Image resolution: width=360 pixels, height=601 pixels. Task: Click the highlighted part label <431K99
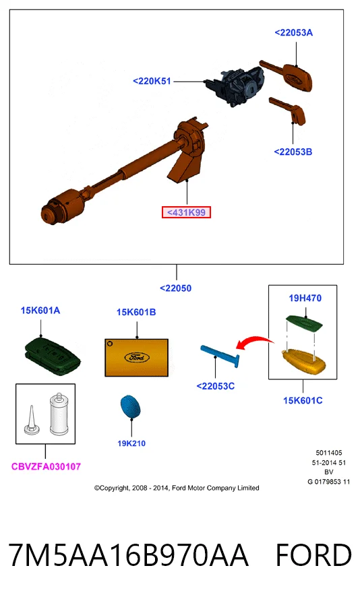[x=186, y=212]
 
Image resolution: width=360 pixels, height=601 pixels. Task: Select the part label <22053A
[x=294, y=32]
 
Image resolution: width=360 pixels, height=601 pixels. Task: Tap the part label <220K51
[x=152, y=82]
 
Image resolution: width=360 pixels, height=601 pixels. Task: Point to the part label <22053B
[x=293, y=152]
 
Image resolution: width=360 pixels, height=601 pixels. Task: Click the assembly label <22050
[x=175, y=288]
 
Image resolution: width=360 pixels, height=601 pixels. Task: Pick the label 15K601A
[x=40, y=311]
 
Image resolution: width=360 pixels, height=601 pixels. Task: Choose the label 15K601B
[x=136, y=313]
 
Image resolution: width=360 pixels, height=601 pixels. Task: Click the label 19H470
[x=305, y=298]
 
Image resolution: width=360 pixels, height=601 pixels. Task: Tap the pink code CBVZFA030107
[x=46, y=466]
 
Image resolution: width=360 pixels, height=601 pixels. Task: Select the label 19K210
[x=131, y=443]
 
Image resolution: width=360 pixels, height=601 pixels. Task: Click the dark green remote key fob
[x=52, y=352]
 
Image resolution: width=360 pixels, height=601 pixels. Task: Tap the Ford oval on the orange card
[x=137, y=357]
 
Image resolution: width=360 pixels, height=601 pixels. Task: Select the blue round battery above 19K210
[x=130, y=407]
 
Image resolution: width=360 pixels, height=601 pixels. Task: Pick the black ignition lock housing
[x=235, y=86]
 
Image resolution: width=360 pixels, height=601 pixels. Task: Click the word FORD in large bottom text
[x=313, y=555]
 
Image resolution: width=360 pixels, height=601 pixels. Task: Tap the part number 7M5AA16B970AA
[x=129, y=555]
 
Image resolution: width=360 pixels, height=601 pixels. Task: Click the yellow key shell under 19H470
[x=304, y=360]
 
